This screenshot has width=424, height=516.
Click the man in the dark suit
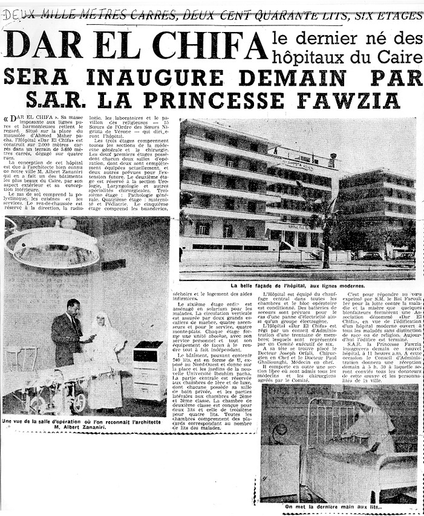[x=68, y=332]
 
